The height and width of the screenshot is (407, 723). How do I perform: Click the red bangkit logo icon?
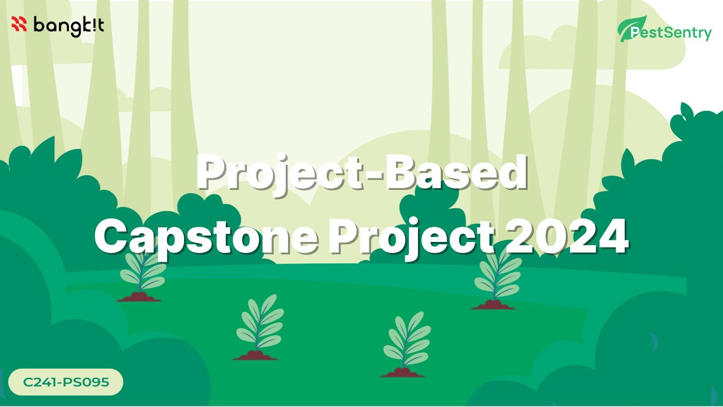coord(19,24)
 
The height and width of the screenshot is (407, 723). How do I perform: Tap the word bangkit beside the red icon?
coord(68,26)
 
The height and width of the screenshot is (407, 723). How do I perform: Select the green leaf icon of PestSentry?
coord(625,28)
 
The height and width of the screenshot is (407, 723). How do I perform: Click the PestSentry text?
coord(672,33)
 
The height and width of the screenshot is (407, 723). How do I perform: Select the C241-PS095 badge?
coord(66,382)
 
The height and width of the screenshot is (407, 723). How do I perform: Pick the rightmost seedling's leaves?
coord(497,274)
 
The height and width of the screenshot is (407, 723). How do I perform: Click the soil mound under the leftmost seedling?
coord(139,297)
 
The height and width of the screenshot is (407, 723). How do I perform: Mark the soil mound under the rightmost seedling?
coord(493,305)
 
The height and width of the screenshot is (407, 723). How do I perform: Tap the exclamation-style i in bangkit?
coord(92,25)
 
